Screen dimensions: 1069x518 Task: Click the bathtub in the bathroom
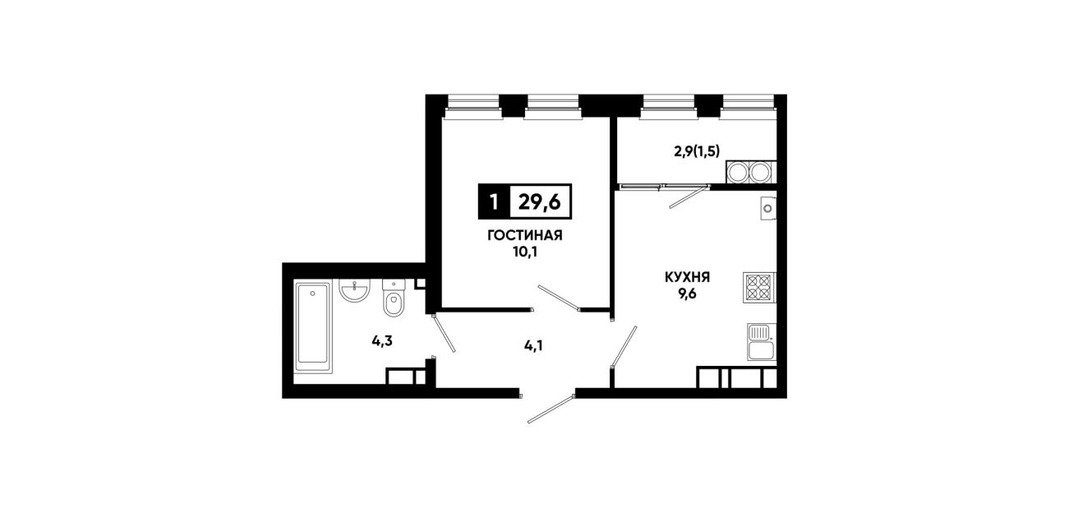pos(313,327)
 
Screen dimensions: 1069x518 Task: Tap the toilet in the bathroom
pos(394,298)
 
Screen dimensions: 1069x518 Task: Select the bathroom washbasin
pos(354,291)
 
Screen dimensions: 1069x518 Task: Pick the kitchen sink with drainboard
pos(762,342)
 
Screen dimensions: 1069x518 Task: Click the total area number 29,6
pos(539,202)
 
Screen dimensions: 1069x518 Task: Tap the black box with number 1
pos(494,202)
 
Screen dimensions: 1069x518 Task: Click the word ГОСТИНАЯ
pos(525,235)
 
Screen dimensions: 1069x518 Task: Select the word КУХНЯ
pos(688,277)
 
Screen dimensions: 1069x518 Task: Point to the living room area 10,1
pos(525,252)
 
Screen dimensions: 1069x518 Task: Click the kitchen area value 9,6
pos(688,294)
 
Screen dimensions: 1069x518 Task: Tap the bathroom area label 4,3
pos(382,341)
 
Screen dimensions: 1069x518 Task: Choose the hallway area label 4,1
pos(533,345)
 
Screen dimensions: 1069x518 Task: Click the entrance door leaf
pos(551,409)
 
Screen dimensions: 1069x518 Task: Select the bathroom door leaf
pos(444,333)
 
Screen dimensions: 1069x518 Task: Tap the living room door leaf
pos(559,298)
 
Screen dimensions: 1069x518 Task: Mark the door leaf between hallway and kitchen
pos(624,347)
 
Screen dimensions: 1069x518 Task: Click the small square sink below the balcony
pos(768,209)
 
